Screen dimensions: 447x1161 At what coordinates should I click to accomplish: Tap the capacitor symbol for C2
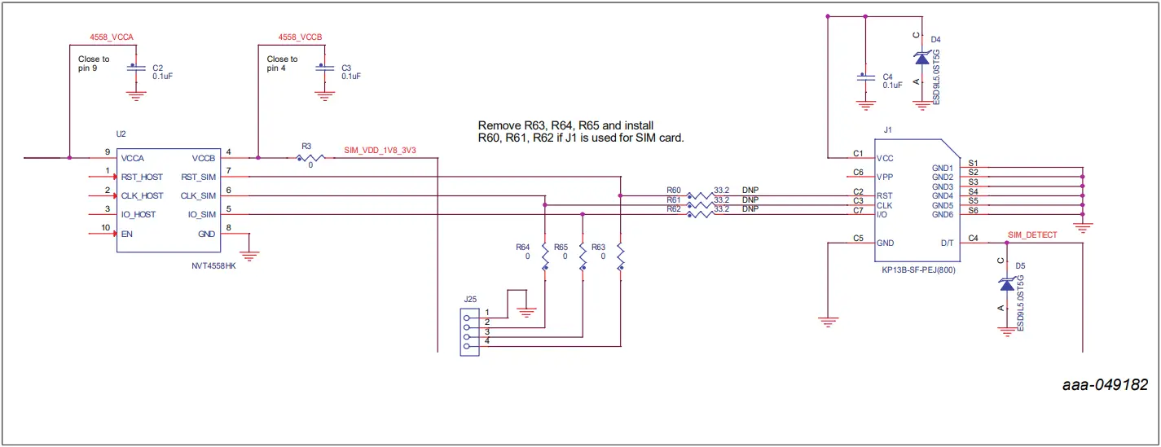[135, 71]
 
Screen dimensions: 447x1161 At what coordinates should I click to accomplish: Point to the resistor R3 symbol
[310, 157]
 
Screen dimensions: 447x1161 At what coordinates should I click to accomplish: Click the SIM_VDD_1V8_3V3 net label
[379, 151]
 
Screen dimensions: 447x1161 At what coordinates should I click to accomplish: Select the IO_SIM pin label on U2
[202, 215]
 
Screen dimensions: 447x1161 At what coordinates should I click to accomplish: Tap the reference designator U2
[121, 133]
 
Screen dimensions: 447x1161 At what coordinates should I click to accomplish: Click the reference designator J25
[470, 299]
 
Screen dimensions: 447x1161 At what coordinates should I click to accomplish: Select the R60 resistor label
[673, 190]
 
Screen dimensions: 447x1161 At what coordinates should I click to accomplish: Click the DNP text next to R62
[750, 208]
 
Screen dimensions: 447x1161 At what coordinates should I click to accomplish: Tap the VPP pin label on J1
[885, 177]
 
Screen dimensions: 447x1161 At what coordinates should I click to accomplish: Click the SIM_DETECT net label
[1032, 234]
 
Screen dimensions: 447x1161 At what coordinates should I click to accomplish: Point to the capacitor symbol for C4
[865, 78]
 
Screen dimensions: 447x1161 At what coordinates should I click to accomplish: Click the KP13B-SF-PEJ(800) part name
[917, 269]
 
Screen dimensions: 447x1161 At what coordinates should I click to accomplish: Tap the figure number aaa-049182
[1106, 385]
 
